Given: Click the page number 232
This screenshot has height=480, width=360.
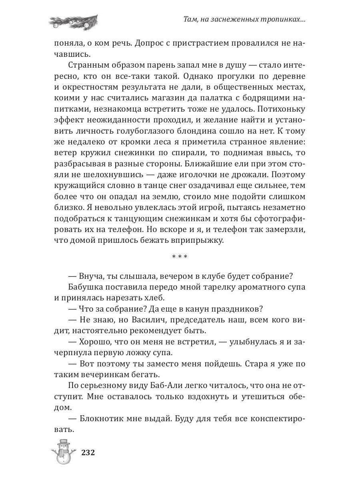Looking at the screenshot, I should (x=88, y=453).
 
